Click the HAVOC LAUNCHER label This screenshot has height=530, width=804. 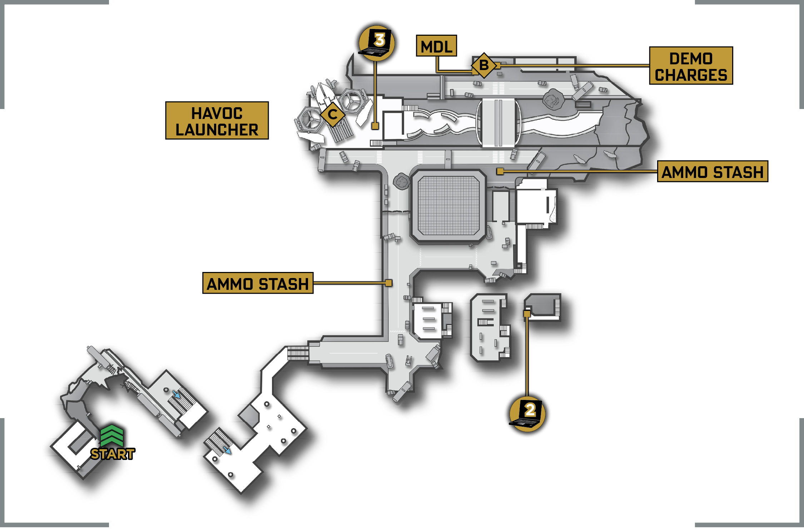(217, 120)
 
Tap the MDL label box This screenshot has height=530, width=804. (436, 46)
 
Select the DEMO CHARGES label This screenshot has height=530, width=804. (691, 66)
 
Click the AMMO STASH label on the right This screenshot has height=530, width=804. (713, 172)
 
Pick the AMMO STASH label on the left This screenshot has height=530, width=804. (258, 283)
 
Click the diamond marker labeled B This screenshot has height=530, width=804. (484, 65)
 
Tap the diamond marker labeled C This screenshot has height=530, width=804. (333, 114)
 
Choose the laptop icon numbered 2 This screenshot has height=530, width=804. (527, 413)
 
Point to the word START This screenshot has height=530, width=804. (113, 454)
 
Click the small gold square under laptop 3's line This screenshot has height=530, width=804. (375, 126)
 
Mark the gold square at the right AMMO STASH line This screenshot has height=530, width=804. (500, 172)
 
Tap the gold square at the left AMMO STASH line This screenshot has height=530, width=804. (389, 283)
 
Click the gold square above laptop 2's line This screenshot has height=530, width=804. (527, 314)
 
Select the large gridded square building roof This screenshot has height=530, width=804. (448, 206)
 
